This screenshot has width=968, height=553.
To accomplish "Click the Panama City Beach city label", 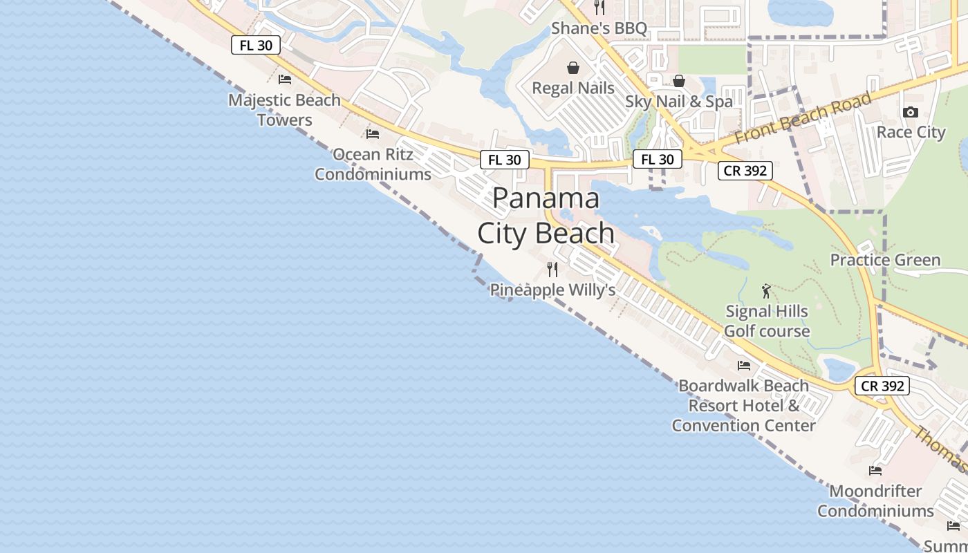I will (x=546, y=216).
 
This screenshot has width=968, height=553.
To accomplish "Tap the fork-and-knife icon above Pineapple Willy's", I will (x=552, y=269).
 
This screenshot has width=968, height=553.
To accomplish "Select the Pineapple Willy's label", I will (x=552, y=290).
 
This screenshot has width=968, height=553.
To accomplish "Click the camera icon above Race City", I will (x=911, y=112).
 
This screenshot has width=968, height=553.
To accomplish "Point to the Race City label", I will (x=911, y=132).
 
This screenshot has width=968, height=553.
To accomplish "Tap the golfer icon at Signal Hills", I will (x=765, y=290).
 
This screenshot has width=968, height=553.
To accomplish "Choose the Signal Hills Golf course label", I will (x=766, y=321).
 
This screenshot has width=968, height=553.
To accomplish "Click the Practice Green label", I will (x=885, y=260).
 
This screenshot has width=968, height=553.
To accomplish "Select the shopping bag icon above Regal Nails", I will (x=573, y=68).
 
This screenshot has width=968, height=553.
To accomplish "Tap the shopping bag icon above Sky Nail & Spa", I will (x=679, y=81).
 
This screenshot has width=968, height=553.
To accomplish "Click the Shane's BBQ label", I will (x=599, y=28).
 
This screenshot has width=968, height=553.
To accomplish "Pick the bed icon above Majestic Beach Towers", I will (x=285, y=79).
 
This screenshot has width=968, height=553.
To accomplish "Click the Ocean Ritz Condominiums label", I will (x=373, y=164).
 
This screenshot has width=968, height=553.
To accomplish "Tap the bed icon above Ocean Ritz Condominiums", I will (x=373, y=133).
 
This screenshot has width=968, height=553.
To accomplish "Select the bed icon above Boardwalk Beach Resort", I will (x=744, y=365).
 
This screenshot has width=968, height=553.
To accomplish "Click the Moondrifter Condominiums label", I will (x=875, y=501).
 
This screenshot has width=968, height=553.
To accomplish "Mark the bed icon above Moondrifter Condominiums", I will (x=875, y=471).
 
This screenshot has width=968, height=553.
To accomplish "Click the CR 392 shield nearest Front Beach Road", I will (x=745, y=170).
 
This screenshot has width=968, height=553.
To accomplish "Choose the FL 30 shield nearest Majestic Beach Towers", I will (x=256, y=46).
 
